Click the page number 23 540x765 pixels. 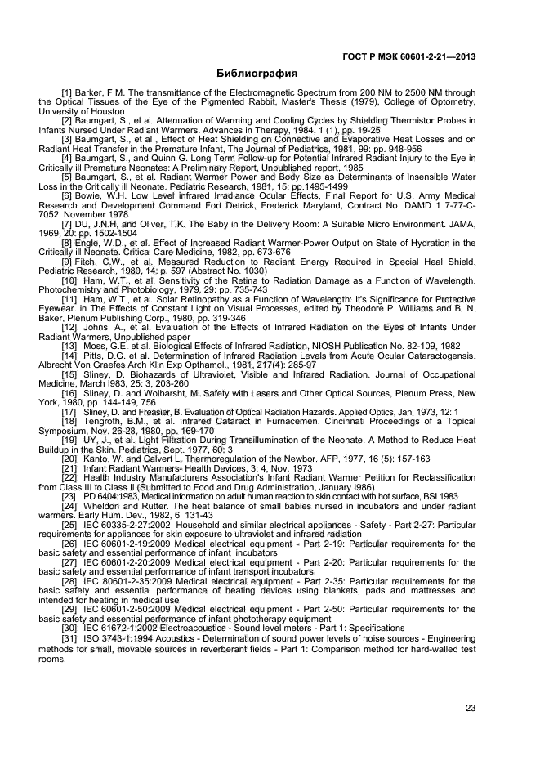pyautogui.click(x=470, y=708)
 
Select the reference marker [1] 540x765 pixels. pyautogui.click(x=69, y=93)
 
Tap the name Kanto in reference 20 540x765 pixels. pyautogui.click(x=97, y=459)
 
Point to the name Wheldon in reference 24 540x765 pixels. pyautogui.click(x=103, y=506)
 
